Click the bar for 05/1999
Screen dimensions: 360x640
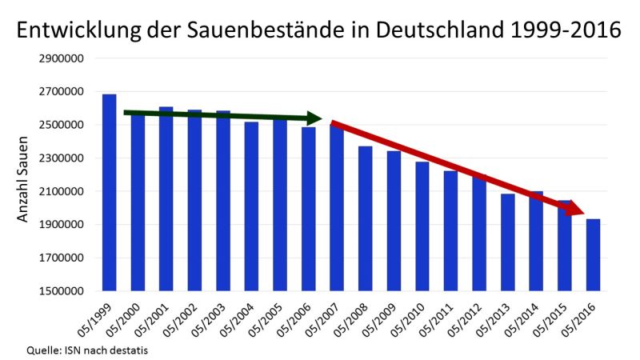tap(110, 192)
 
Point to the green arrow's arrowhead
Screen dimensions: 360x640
tap(320, 118)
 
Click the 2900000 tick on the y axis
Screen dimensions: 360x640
tap(59, 58)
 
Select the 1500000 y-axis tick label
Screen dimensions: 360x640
tap(59, 291)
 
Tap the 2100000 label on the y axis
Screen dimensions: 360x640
tap(59, 191)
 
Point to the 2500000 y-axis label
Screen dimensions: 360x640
tap(59, 125)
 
